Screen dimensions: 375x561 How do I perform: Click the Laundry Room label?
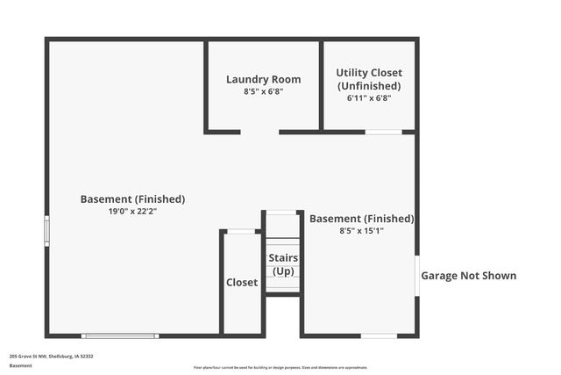pos(263,79)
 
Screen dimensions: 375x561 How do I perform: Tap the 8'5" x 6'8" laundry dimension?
pos(263,91)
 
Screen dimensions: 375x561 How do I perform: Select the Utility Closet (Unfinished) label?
pos(369,79)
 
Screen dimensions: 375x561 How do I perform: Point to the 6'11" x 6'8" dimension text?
pos(369,98)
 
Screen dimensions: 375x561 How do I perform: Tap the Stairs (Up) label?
pos(283,264)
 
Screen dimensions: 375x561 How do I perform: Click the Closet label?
pos(242,283)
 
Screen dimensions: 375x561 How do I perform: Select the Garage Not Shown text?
pos(469,276)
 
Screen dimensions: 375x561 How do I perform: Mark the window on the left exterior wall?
pos(47,230)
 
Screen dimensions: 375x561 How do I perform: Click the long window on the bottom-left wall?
pos(120,335)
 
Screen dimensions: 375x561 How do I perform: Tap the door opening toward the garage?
pos(417,277)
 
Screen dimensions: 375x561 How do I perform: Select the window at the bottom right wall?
pos(379,335)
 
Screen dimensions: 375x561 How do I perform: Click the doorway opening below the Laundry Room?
pos(259,133)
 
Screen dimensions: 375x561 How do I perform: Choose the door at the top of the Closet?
pos(242,232)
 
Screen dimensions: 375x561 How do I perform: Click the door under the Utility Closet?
pos(383,133)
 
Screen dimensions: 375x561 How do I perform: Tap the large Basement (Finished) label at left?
pos(132,198)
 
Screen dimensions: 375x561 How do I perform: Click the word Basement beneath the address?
pos(20,365)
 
